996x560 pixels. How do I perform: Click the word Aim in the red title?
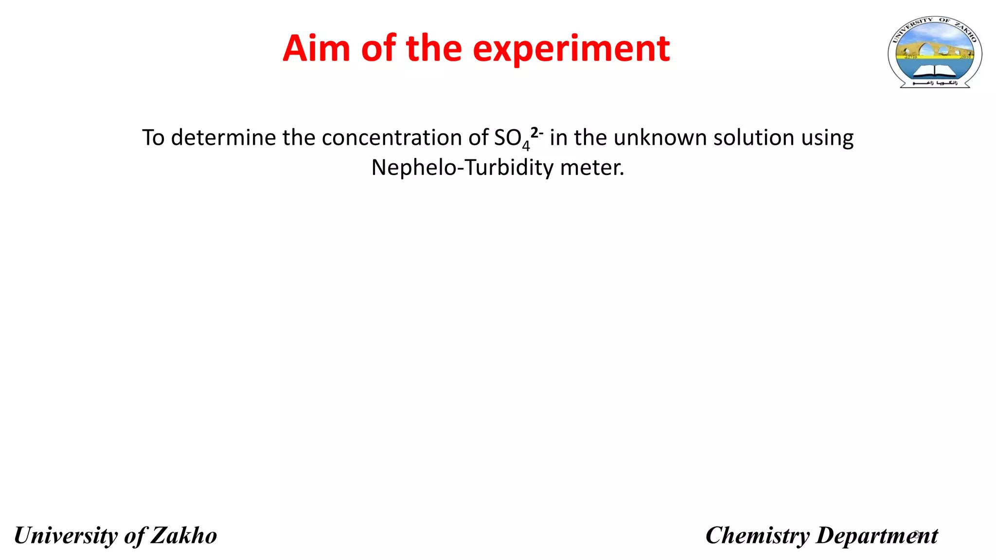point(317,49)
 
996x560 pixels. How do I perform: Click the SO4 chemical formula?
point(511,139)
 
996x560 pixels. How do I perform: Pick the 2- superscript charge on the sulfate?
point(537,132)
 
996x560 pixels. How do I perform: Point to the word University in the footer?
point(66,536)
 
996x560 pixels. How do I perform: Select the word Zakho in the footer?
point(184,536)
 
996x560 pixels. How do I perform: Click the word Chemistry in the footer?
point(758,536)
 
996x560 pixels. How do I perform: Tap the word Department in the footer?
point(877,536)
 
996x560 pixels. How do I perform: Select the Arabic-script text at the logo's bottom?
point(935,84)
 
